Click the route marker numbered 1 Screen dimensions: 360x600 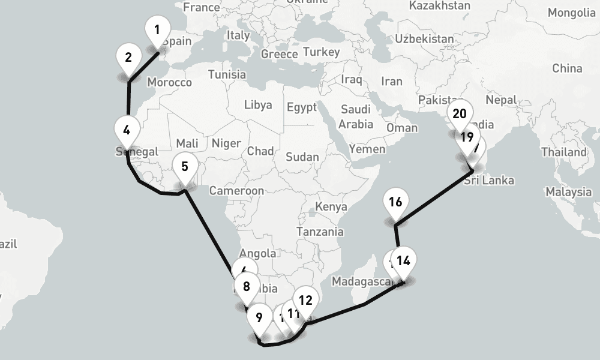coord(157,30)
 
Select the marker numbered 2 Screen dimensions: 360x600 coord(128,58)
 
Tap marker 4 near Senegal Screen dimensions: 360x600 coord(127,130)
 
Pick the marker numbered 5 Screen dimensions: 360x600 coord(184,166)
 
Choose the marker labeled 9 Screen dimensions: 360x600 coord(259,318)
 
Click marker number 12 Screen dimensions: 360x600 coord(305,301)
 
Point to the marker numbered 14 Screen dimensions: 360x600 coord(404,261)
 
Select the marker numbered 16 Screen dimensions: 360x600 coord(395,202)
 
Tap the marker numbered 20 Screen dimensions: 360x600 coord(460,114)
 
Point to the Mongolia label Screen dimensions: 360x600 coord(571,13)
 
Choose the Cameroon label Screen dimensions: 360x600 coord(236,191)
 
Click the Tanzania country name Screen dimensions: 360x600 coord(320,231)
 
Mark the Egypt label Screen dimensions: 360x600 coord(301,108)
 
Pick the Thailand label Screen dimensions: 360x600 coord(566,152)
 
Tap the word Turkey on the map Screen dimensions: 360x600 coord(321,52)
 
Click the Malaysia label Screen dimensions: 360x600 coord(568,192)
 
